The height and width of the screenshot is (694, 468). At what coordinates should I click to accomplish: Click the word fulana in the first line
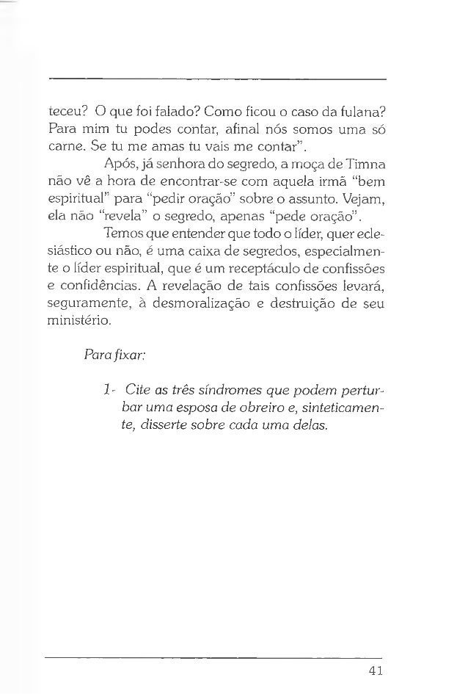point(359,112)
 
